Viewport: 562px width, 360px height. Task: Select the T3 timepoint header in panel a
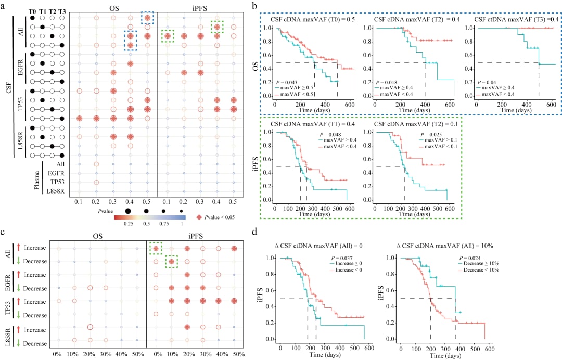click(x=62, y=11)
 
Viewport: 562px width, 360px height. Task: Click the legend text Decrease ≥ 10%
click(x=479, y=263)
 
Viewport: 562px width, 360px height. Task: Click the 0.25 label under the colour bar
click(x=129, y=224)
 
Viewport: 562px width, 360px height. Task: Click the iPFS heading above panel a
click(x=197, y=8)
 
